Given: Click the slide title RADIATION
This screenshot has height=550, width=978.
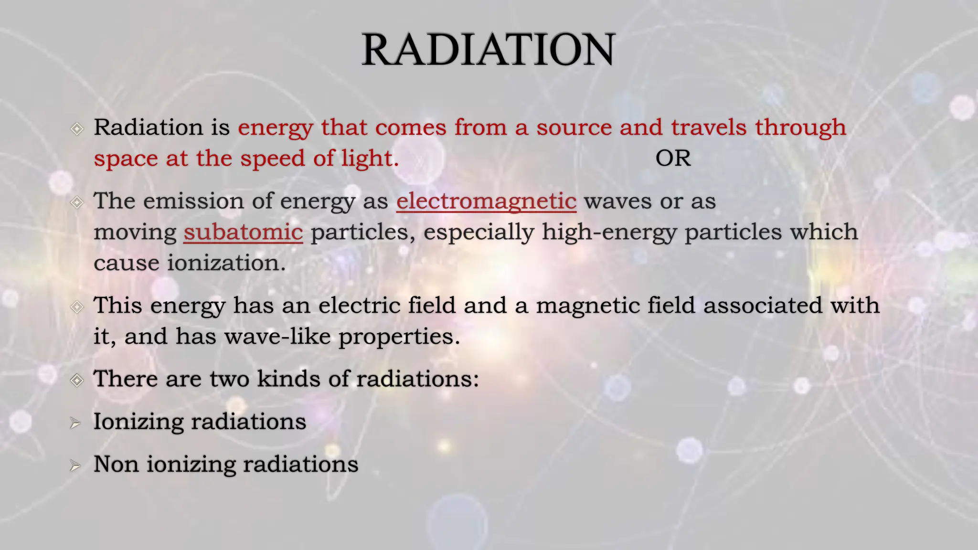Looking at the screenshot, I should coord(488,50).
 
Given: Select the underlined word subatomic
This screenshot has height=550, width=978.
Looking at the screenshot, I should coord(243,233).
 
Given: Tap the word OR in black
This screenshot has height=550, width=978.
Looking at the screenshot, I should coord(673,159).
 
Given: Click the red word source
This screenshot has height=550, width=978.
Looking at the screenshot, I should coord(574,128).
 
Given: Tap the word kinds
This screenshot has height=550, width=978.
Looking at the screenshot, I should coord(288,379).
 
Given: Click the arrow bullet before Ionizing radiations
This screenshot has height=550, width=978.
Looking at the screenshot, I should coord(75,423).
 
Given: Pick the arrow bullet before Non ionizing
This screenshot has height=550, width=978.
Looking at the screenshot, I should coord(75,465).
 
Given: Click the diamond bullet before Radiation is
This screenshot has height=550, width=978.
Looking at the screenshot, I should coord(77,129).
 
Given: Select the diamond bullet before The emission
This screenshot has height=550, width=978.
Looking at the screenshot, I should coord(77,202).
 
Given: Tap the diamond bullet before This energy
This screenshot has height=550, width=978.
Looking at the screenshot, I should coord(77,307).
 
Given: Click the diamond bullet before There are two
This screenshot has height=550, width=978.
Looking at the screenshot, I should coord(77,381).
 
